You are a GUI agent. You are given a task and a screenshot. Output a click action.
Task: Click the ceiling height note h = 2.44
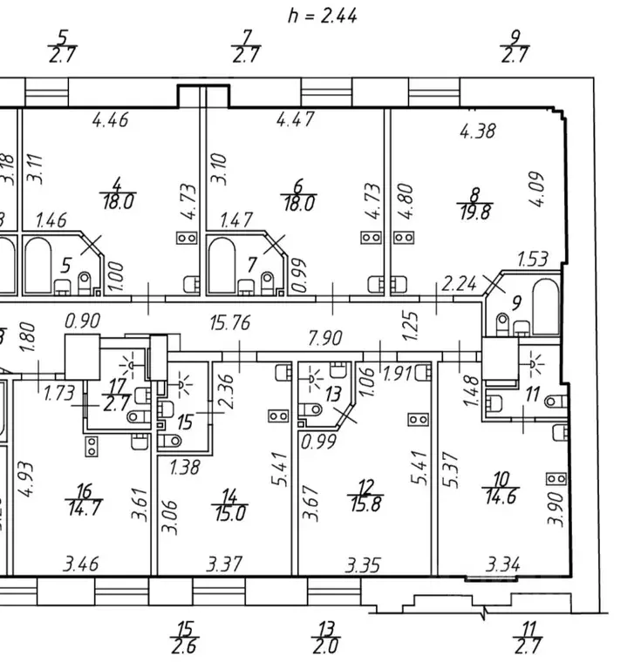click(x=321, y=16)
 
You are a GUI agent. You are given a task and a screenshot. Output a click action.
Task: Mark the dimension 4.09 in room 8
click(x=537, y=186)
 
